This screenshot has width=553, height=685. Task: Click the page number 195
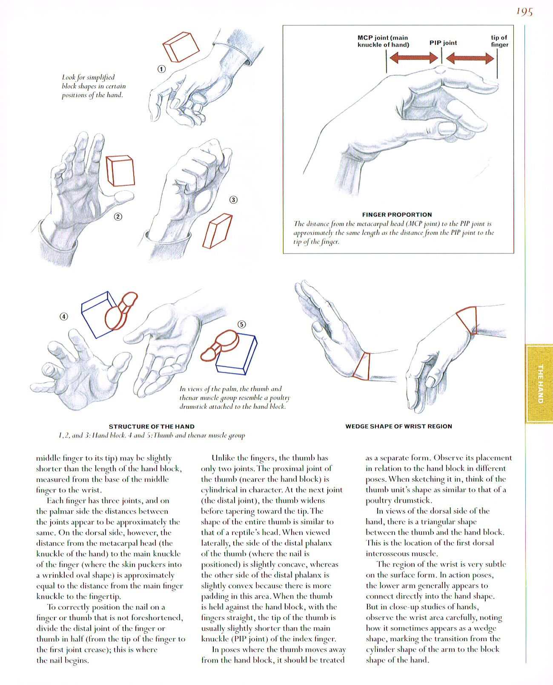pos(524,12)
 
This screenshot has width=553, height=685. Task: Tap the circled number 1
pos(161,69)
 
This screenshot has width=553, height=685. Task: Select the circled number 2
pos(118,216)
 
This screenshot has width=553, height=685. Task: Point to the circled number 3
pos(233,200)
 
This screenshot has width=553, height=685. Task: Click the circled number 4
pos(64,316)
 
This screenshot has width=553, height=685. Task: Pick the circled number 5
pos(242,324)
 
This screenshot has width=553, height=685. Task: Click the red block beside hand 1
pos(181,46)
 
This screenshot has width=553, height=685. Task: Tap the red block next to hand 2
pos(120,170)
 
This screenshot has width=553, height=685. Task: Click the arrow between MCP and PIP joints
pos(414,58)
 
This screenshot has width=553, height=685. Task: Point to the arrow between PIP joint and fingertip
pos(470,58)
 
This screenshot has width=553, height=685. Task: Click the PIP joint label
pos(443,43)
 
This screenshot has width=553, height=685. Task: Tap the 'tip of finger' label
pos(499,41)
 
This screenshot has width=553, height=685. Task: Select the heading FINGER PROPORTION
pos(397,215)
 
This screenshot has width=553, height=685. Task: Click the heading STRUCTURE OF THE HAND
pos(152,426)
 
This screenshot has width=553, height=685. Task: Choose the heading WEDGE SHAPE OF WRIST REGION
pos(398,426)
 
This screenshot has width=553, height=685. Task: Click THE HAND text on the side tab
pos(540,383)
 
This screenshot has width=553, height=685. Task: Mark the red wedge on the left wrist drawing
pos(362,366)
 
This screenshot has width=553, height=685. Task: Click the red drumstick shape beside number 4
pos(120,311)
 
